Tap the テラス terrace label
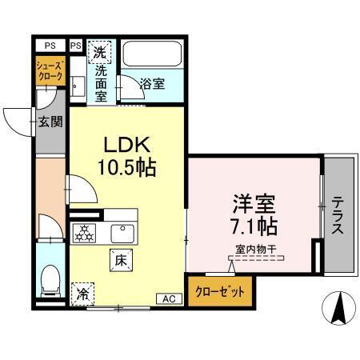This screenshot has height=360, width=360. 338,215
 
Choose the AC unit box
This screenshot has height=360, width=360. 169,298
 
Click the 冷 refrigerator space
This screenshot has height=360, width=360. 82,294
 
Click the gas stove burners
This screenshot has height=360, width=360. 83,234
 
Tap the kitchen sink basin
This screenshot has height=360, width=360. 122,233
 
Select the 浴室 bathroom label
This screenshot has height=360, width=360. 153,83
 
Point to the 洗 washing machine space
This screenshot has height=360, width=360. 100,54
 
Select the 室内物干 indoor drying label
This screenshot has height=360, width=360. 256,250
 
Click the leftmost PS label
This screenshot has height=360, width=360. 50,46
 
